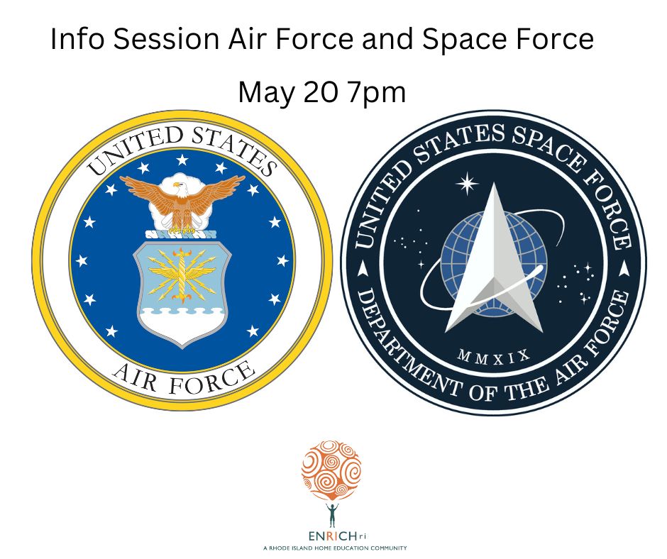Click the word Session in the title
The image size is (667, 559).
tap(167, 39)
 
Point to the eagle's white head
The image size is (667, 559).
tap(179, 187)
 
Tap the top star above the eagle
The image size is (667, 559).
tap(182, 160)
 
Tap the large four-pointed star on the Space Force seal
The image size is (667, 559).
tap(467, 183)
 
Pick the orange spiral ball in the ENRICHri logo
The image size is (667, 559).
tap(331, 470)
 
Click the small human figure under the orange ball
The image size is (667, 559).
tap(332, 515)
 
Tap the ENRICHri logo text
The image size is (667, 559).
tap(337, 536)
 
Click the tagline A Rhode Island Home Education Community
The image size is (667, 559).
tap(335, 548)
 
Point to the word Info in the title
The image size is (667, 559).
tap(77, 39)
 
